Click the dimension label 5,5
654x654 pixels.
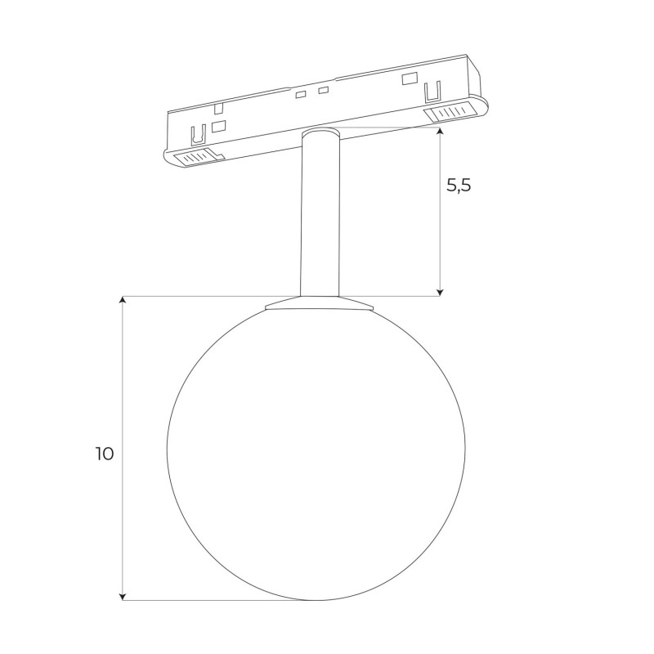(459, 185)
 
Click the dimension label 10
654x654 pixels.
(105, 454)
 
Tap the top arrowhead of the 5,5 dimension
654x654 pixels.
(439, 132)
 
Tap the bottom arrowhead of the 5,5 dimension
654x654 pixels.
(439, 292)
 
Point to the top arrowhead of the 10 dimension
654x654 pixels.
(122, 301)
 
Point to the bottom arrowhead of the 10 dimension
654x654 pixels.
(122, 596)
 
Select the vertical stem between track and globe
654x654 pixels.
(320, 213)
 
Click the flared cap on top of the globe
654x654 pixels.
(319, 303)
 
